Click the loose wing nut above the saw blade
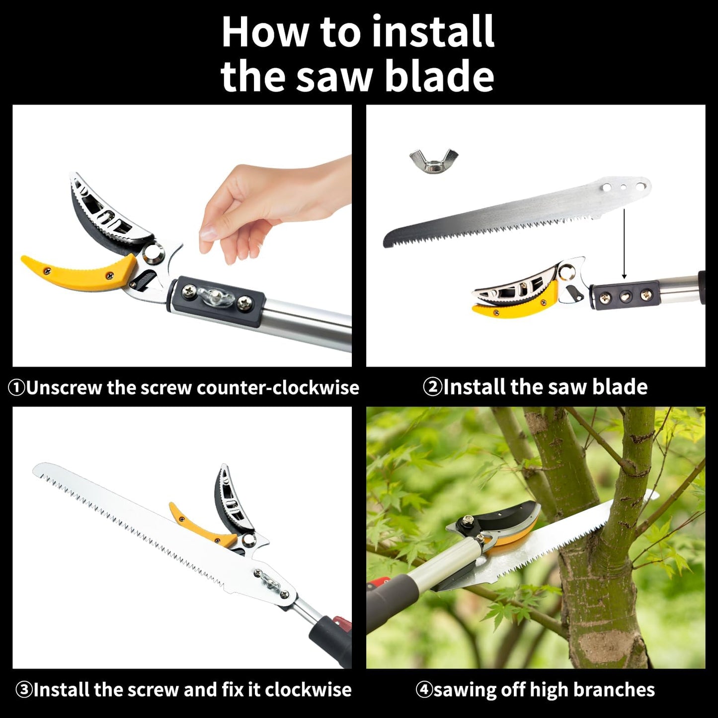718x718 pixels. (x=433, y=160)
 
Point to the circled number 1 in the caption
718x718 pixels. (x=16, y=388)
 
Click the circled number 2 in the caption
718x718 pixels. (x=432, y=387)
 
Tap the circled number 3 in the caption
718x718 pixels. (x=23, y=690)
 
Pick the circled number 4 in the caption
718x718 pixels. (x=424, y=690)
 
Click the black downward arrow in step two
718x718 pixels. (x=624, y=243)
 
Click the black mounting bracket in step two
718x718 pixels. (x=625, y=296)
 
